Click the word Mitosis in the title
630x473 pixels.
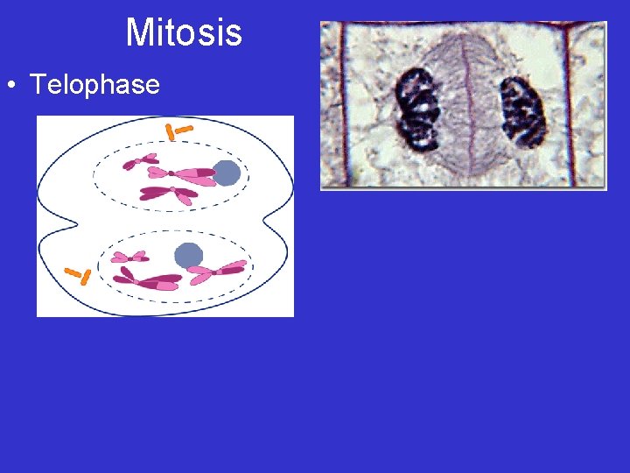point(184,32)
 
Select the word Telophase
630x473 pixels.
point(94,85)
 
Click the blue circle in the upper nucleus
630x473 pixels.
point(226,173)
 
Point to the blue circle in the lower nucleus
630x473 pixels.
point(188,255)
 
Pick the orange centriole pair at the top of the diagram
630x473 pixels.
point(178,131)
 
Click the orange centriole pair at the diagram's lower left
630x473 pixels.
point(79,276)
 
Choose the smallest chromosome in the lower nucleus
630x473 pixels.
point(129,257)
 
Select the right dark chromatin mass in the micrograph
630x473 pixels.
point(522,111)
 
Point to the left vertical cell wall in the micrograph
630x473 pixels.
point(343,105)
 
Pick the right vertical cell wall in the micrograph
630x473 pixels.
point(566,105)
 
